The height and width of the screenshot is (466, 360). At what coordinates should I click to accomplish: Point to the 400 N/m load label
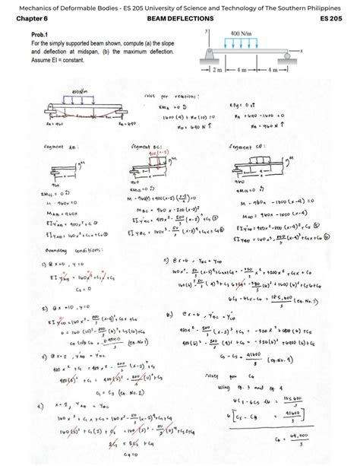241,34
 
